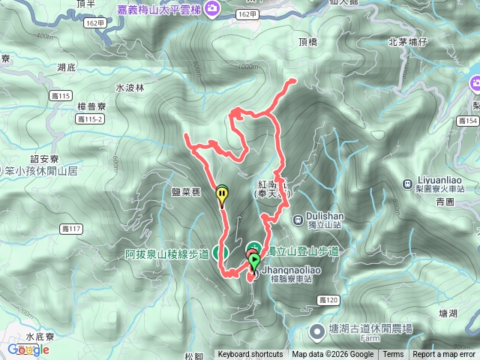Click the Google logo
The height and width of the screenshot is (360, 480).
coord(28,349)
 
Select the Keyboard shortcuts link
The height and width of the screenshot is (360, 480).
coord(250,355)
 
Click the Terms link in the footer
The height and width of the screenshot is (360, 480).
coord(393,355)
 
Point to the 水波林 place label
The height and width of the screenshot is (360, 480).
coord(129,88)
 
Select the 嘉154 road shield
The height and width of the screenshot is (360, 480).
coord(466,121)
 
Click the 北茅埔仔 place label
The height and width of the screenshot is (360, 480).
coord(408,42)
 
